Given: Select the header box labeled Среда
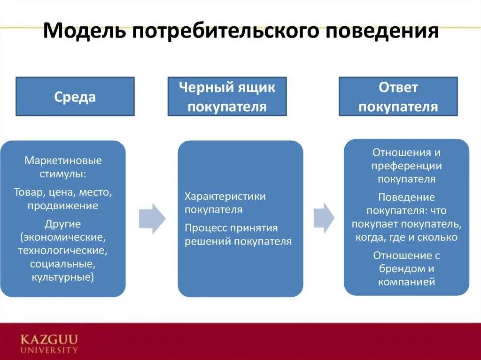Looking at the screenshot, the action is coord(75,97).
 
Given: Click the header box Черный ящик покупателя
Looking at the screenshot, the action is coord(227,97).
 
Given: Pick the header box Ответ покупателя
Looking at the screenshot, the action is coord(398,97).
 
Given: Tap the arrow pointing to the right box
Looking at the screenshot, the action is coord(324,217).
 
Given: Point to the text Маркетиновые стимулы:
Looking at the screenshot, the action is coord(63,167).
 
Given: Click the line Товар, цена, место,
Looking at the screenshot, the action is coord(63,192).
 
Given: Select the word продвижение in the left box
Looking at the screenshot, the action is coord(63,205).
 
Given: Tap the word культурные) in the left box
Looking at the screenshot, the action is coord(63,277).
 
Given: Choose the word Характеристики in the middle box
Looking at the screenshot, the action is coord(225,196).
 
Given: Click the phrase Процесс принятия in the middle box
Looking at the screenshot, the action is coord(231,228).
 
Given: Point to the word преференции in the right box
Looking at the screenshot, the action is coord(406,166).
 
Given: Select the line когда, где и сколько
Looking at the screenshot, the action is coord(406,237).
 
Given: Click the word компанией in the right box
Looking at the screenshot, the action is coord(406,282).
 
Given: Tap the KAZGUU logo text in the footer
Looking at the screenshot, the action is coord(49,339).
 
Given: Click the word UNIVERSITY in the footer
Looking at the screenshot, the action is coord(49,350).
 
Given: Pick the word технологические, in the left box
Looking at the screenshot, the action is coord(63,250).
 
